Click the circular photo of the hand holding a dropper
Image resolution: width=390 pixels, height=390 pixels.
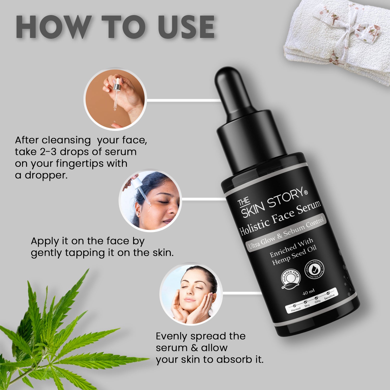coord(115,99)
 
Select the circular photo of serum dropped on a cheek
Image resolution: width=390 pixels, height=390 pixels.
coord(150,200)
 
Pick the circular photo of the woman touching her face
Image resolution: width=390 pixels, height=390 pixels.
coord(191,294)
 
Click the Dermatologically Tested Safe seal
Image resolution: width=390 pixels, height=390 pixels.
coord(314,269)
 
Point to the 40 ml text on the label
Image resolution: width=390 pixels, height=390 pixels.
coord(308,292)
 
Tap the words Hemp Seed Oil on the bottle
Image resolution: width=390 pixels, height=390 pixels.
coord(294,256)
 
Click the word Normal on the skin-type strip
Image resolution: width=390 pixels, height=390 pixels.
coord(296,309)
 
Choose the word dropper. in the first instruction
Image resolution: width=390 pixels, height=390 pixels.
coord(46,175)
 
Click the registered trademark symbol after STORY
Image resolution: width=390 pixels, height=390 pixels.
coord(306,192)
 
